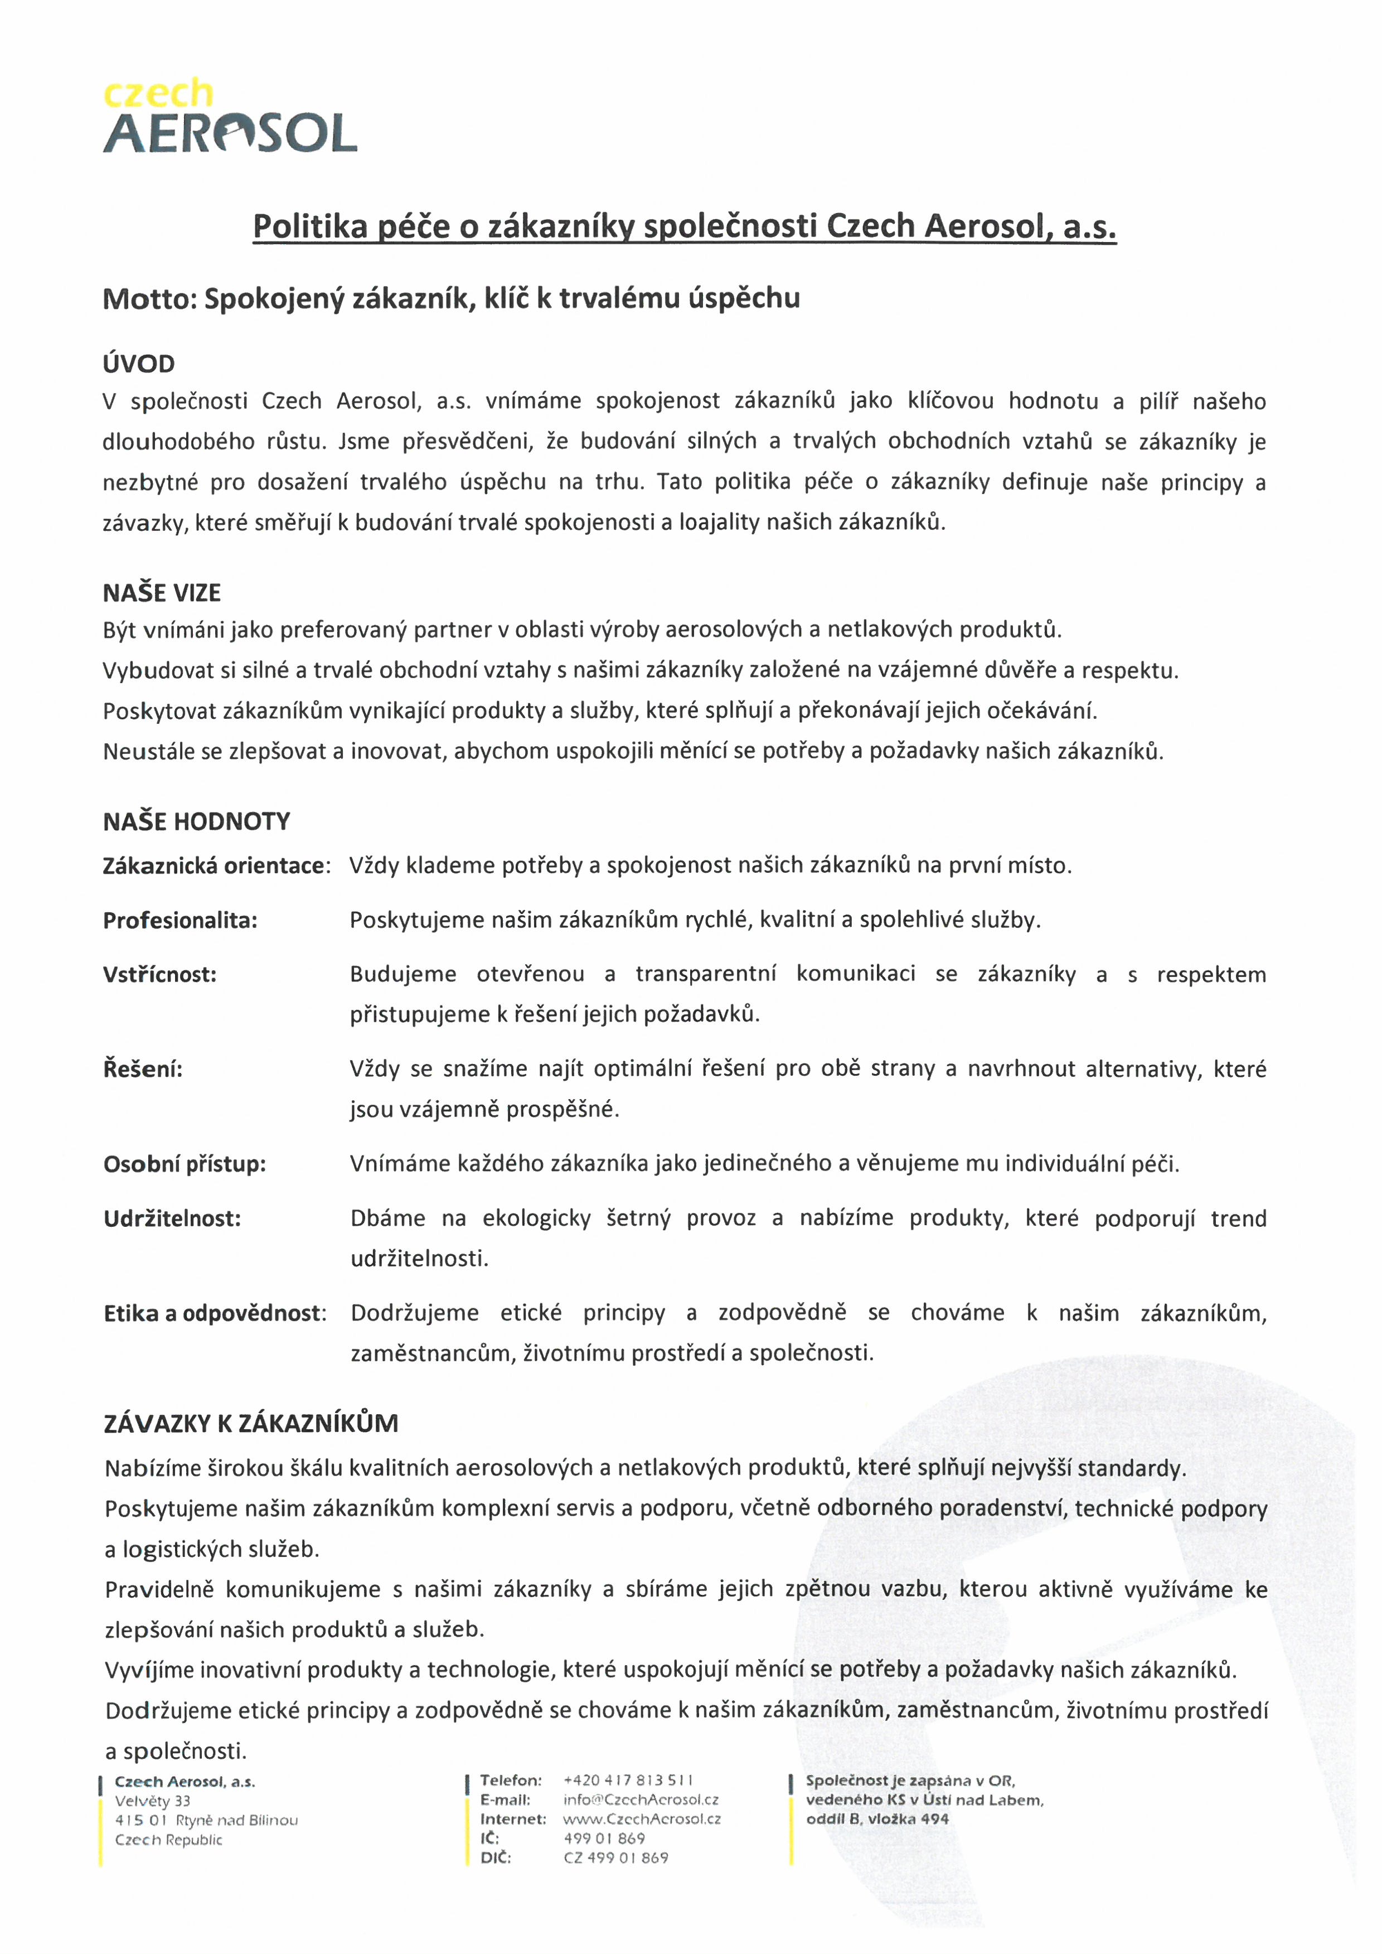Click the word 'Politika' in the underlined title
(x=310, y=226)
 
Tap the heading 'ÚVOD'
(x=139, y=364)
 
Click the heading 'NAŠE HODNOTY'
(x=197, y=821)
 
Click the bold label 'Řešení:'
(x=143, y=1069)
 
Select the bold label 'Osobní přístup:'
(x=185, y=1164)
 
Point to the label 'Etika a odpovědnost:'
(x=215, y=1313)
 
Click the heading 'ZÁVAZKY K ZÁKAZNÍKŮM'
(x=251, y=1423)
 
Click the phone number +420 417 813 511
(x=628, y=1781)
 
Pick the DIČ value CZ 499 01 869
(x=616, y=1858)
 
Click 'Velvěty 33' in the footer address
(x=153, y=1801)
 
